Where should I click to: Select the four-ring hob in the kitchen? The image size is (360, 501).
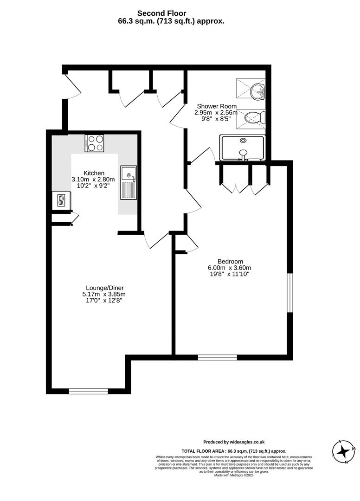tap(94, 143)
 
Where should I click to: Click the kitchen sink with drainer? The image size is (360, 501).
tap(129, 182)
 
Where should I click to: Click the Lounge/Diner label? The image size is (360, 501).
tap(103, 288)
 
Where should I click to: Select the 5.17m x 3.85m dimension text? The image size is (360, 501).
tap(103, 294)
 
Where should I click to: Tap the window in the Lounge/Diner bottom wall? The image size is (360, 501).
tap(88, 391)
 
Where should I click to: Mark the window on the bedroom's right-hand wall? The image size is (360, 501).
tap(289, 293)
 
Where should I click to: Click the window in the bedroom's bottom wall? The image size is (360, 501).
tap(217, 357)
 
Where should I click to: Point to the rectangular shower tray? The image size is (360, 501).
tap(242, 148)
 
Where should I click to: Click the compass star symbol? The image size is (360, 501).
tap(344, 451)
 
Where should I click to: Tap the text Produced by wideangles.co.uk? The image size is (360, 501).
tap(234, 442)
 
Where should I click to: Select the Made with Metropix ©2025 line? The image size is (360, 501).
tap(234, 475)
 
